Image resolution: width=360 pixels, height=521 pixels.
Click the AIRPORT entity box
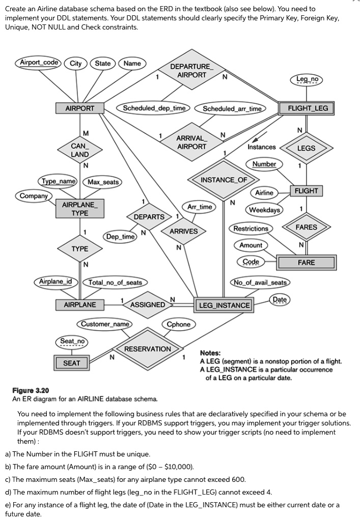pyautogui.click(x=80, y=108)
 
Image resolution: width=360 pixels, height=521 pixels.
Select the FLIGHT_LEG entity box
pyautogui.click(x=308, y=108)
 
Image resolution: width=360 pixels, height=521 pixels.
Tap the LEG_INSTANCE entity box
pyautogui.click(x=224, y=305)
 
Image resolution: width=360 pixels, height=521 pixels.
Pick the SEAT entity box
pyautogui.click(x=71, y=363)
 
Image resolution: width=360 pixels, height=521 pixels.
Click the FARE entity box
pyautogui.click(x=307, y=263)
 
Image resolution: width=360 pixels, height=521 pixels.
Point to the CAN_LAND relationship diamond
pyautogui.click(x=80, y=150)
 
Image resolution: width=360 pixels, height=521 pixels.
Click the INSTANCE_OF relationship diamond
pyautogui.click(x=224, y=180)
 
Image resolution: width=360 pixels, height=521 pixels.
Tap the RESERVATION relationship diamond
pyautogui.click(x=148, y=349)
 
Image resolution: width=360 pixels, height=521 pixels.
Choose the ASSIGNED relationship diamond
pyautogui.click(x=148, y=305)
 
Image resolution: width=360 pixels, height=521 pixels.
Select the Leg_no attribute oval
pyautogui.click(x=306, y=79)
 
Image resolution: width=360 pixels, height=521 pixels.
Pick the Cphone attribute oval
pyautogui.click(x=179, y=324)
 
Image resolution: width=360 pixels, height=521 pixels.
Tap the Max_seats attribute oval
pyautogui.click(x=103, y=182)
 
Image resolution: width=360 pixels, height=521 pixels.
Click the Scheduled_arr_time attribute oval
pyautogui.click(x=232, y=108)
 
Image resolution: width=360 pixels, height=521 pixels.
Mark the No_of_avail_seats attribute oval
pyautogui.click(x=260, y=282)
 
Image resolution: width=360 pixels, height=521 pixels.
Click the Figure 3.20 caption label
pyautogui.click(x=31, y=390)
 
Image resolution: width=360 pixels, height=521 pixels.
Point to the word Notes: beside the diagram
pyautogui.click(x=210, y=353)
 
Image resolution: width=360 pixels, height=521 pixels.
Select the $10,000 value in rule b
pyautogui.click(x=176, y=467)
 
